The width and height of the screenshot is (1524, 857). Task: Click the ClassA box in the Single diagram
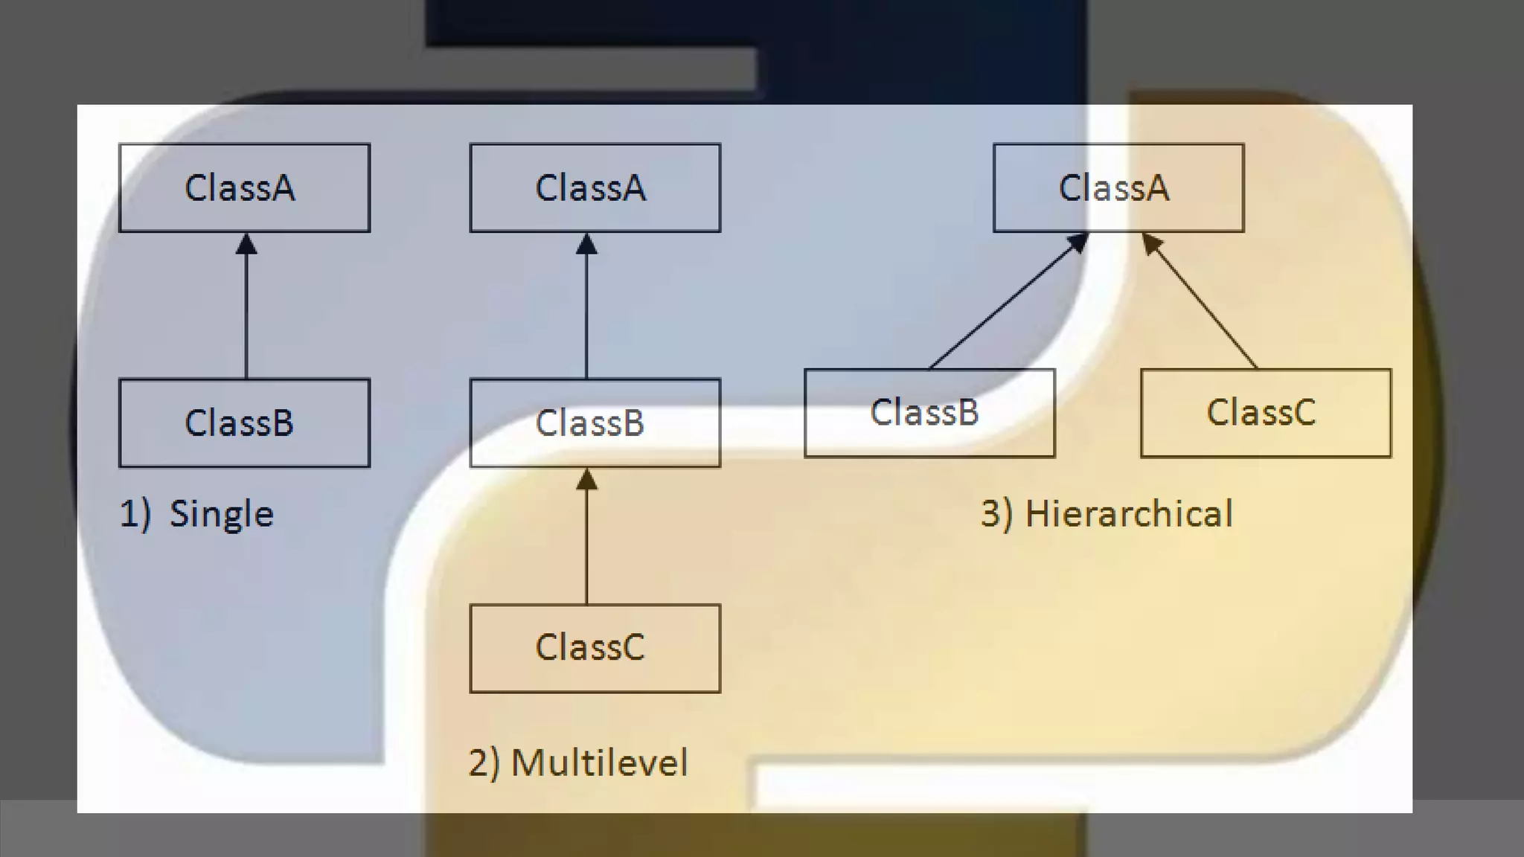tap(244, 187)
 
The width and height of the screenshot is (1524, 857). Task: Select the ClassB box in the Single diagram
tap(244, 423)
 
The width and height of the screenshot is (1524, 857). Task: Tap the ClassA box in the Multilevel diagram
tap(595, 187)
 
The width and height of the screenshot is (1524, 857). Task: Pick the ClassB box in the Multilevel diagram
tap(595, 423)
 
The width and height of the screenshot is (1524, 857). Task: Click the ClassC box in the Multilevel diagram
tap(595, 648)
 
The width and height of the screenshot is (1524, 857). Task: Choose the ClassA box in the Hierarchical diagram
tap(1118, 187)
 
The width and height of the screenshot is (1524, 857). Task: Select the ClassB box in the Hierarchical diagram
tap(929, 413)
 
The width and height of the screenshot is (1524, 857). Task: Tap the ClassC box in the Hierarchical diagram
tap(1265, 413)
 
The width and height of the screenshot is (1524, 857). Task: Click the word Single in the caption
tap(222, 514)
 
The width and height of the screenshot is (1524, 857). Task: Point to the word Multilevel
tap(600, 763)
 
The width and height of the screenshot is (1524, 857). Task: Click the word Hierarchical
tap(1129, 514)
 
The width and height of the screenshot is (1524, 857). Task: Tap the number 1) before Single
tap(135, 514)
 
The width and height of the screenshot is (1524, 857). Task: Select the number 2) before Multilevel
tap(484, 763)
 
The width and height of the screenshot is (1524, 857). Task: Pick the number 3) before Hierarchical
tap(996, 514)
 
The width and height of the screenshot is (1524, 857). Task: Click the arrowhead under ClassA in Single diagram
tap(246, 244)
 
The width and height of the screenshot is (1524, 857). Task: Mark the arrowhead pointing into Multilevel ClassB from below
tap(586, 479)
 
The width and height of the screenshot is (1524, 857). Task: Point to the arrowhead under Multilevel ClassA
tap(586, 244)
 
